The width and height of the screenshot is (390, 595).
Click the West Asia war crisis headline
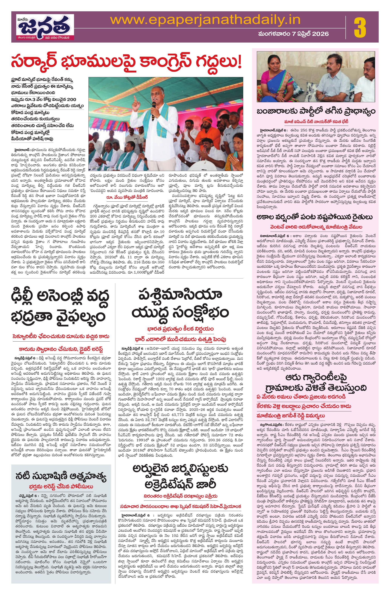pos(180,303)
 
